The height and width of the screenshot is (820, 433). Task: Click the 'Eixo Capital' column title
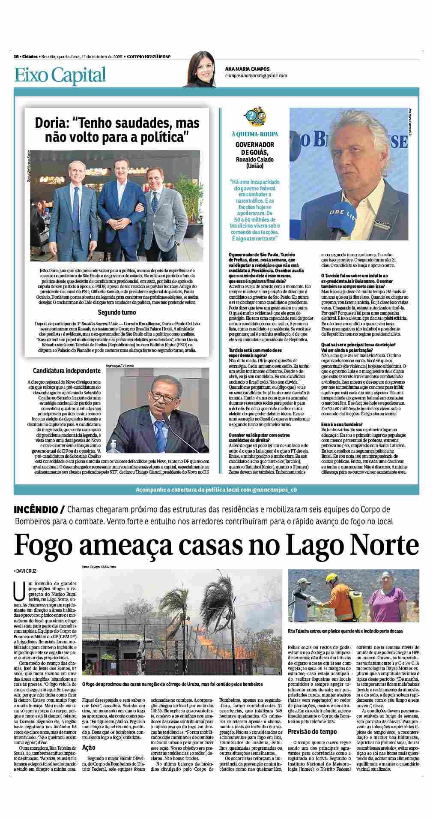pyautogui.click(x=60, y=75)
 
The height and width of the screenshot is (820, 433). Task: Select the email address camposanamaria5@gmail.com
pyautogui.click(x=256, y=75)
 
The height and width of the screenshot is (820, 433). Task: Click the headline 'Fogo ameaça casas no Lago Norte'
pyautogui.click(x=216, y=545)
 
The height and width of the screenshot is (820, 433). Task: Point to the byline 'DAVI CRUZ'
pyautogui.click(x=27, y=571)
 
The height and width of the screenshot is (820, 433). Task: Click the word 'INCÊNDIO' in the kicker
pyautogui.click(x=36, y=510)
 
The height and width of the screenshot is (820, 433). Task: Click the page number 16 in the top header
pyautogui.click(x=16, y=57)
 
